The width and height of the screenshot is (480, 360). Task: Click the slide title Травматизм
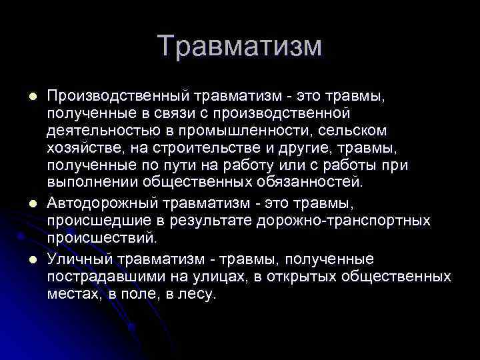click(240, 47)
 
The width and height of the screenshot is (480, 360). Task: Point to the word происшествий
click(101, 237)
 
